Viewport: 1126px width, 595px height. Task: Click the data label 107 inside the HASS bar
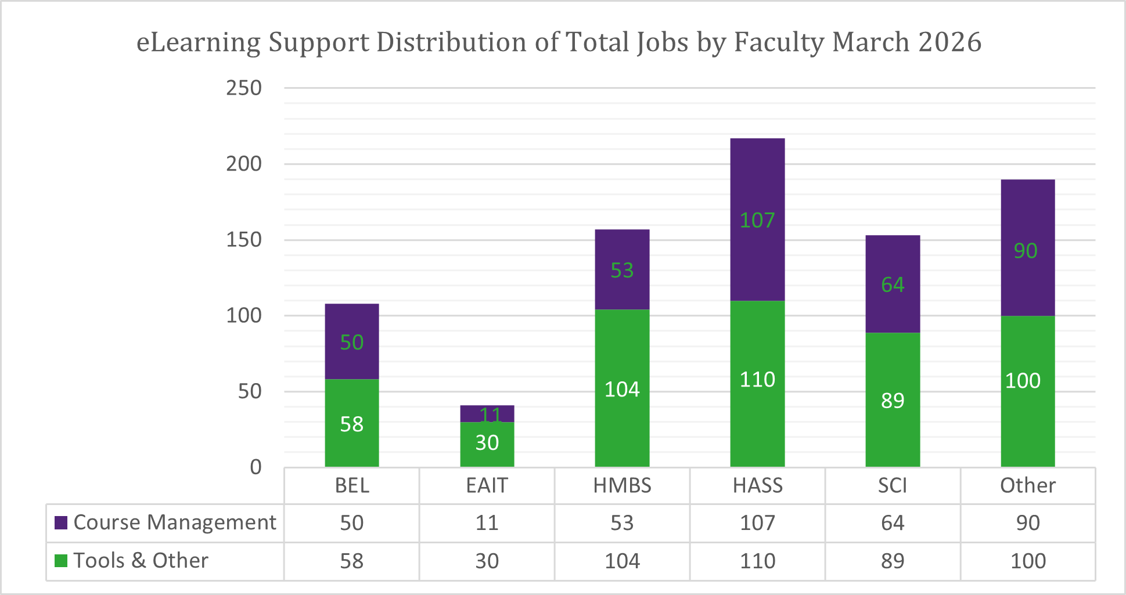click(x=757, y=221)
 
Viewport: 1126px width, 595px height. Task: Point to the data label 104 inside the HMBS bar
click(x=622, y=390)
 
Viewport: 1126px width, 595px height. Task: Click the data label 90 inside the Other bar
click(x=1025, y=251)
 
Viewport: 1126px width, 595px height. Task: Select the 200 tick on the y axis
click(x=244, y=164)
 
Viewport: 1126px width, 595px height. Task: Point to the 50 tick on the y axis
click(x=250, y=392)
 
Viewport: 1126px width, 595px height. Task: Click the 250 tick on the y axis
click(x=244, y=88)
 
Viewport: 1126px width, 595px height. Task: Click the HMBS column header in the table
click(x=622, y=486)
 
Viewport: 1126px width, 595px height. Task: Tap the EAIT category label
click(x=487, y=486)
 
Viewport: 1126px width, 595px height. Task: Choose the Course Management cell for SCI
click(x=893, y=523)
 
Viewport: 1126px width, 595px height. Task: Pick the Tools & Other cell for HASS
click(x=757, y=561)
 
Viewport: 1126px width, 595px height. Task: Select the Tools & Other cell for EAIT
click(x=487, y=561)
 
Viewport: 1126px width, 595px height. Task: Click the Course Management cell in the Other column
click(x=1027, y=523)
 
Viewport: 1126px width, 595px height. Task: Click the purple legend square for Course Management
click(x=61, y=522)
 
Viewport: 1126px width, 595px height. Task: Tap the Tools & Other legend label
click(x=141, y=561)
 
